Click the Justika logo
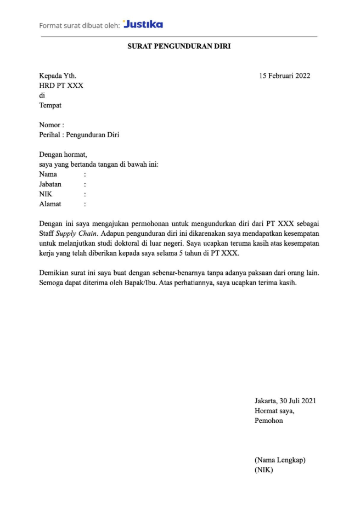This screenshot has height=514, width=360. point(143,24)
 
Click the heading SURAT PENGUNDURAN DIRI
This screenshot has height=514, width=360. point(179,47)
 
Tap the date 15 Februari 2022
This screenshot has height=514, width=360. point(285,76)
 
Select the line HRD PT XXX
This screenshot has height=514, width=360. point(61,86)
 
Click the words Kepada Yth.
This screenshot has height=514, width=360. point(58,76)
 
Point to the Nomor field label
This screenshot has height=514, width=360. point(51,125)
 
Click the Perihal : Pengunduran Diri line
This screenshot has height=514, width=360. point(79,135)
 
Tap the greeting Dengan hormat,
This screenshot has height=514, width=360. point(63,155)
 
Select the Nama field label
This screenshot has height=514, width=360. point(48,174)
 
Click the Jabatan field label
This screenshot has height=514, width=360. point(50,184)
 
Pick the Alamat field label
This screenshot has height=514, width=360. point(50,204)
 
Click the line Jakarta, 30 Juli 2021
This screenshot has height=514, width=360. point(285,401)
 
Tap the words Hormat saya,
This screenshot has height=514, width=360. point(274,411)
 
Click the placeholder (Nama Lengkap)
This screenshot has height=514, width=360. point(280,460)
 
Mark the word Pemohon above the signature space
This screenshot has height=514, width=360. point(269,421)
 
